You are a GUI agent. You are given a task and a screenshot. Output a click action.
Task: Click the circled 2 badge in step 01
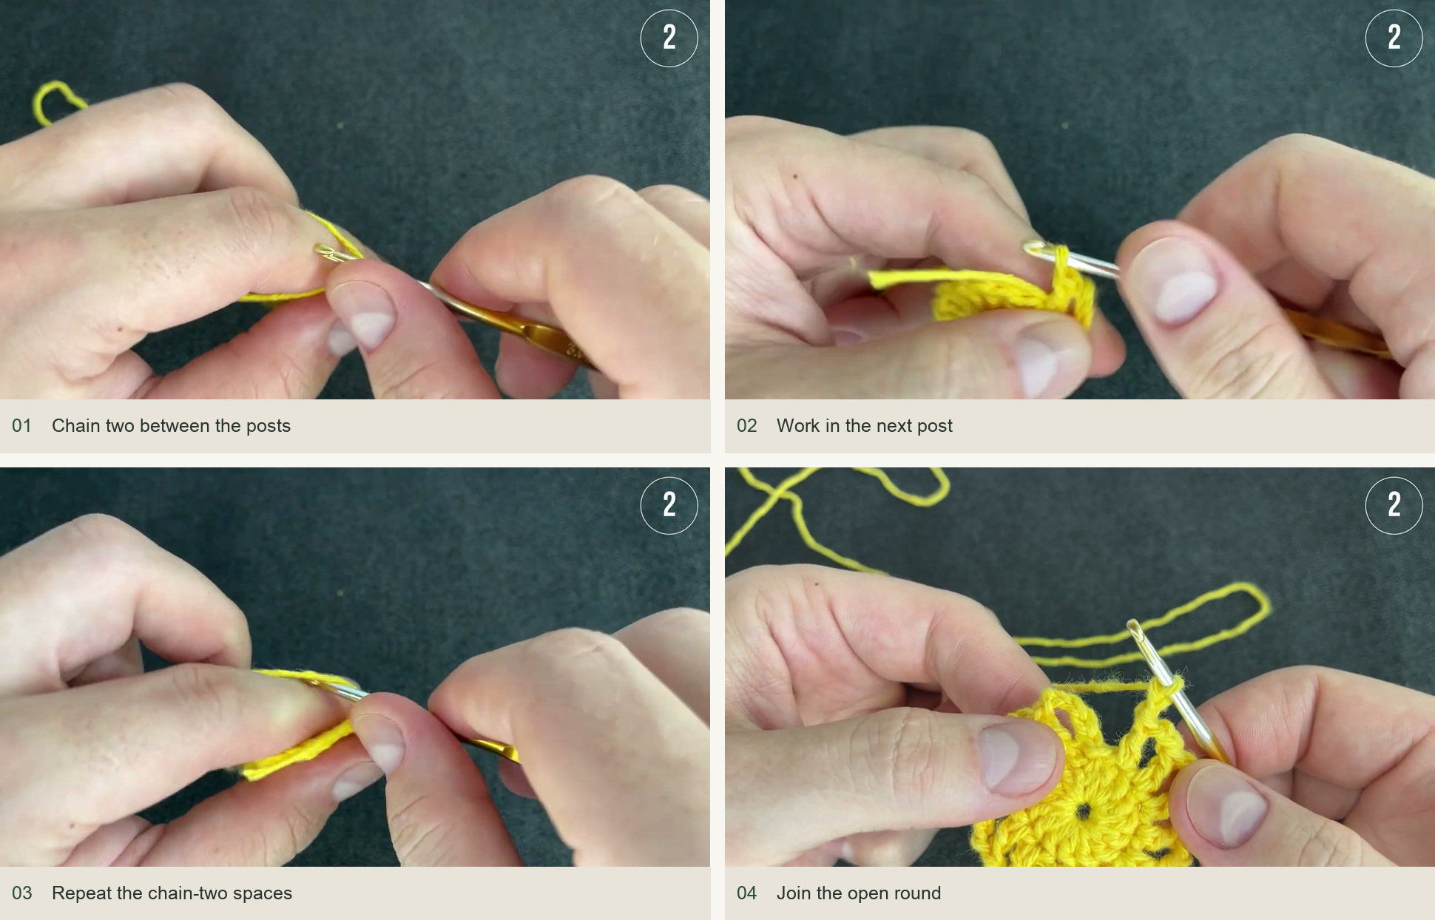pyautogui.click(x=669, y=38)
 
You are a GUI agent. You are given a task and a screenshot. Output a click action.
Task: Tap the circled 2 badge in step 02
pyautogui.click(x=1394, y=38)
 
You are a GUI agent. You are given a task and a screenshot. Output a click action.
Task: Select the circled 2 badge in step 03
pyautogui.click(x=669, y=506)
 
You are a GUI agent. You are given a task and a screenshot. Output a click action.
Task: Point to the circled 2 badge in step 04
pyautogui.click(x=1394, y=506)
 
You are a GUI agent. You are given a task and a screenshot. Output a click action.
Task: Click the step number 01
pyautogui.click(x=21, y=426)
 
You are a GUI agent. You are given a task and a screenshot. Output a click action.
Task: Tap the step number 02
pyautogui.click(x=746, y=426)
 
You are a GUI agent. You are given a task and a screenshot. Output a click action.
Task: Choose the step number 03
pyautogui.click(x=21, y=893)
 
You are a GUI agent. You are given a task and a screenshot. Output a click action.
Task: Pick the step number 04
pyautogui.click(x=746, y=893)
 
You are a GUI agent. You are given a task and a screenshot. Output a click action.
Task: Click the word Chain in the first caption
pyautogui.click(x=76, y=426)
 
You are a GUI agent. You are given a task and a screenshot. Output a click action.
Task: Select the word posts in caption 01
pyautogui.click(x=269, y=427)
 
